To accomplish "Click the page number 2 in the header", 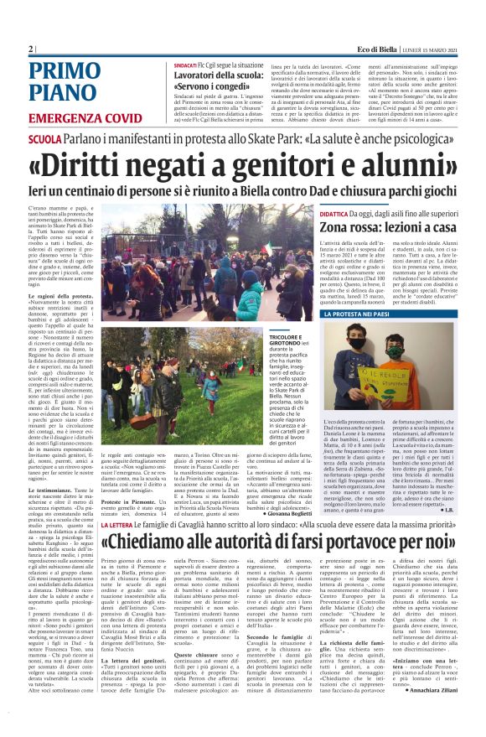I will (31, 49).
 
